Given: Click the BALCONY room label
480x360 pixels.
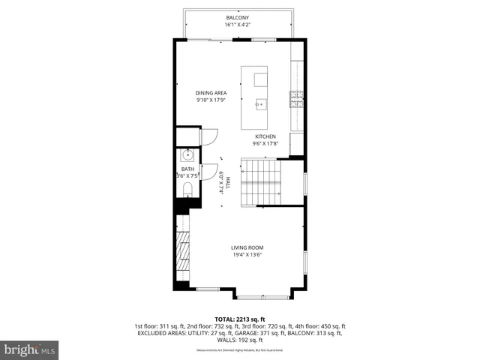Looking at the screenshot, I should pyautogui.click(x=238, y=17).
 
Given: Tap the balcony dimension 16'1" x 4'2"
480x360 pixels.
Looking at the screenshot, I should pyautogui.click(x=238, y=25).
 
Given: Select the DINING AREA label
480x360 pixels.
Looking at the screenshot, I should pyautogui.click(x=211, y=93).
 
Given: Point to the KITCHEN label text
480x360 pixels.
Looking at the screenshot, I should pyautogui.click(x=265, y=136).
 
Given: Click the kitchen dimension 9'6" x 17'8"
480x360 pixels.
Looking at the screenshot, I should pyautogui.click(x=265, y=144).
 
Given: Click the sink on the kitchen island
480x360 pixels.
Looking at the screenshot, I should pyautogui.click(x=261, y=103).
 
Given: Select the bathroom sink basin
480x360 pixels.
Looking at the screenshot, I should pyautogui.click(x=187, y=157).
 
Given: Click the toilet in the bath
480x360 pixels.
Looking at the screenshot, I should pyautogui.click(x=187, y=188).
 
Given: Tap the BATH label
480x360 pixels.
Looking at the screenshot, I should pyautogui.click(x=187, y=169).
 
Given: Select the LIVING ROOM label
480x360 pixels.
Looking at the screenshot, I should pyautogui.click(x=247, y=247).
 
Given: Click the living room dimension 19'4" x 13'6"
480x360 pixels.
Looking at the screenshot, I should pyautogui.click(x=247, y=255).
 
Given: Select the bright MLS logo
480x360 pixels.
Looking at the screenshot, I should pyautogui.click(x=30, y=349).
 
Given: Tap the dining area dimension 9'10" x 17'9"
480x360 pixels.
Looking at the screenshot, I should pyautogui.click(x=211, y=100).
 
